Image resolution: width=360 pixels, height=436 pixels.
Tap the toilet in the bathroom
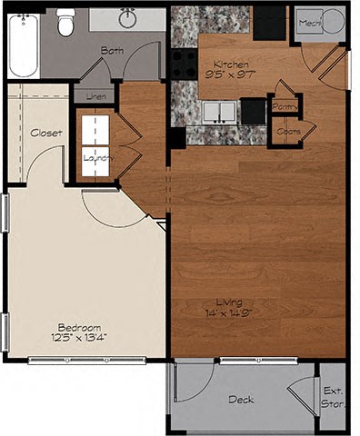[x=65, y=24]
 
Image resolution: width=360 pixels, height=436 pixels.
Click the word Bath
[x=112, y=51]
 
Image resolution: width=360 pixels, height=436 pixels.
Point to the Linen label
[x=95, y=96]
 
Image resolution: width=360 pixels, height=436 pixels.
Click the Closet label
[x=46, y=133]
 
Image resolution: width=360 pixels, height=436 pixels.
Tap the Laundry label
[x=95, y=157]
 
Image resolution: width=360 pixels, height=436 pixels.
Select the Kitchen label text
[x=231, y=64]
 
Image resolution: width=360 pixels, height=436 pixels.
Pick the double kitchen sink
[x=217, y=112]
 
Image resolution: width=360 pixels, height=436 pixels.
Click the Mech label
[x=310, y=22]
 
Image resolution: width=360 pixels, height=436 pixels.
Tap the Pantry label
[x=286, y=106]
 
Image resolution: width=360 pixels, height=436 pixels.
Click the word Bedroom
[x=79, y=328]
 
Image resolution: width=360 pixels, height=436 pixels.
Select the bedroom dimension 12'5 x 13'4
[x=80, y=338]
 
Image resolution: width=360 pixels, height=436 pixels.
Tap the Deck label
[x=241, y=400]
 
